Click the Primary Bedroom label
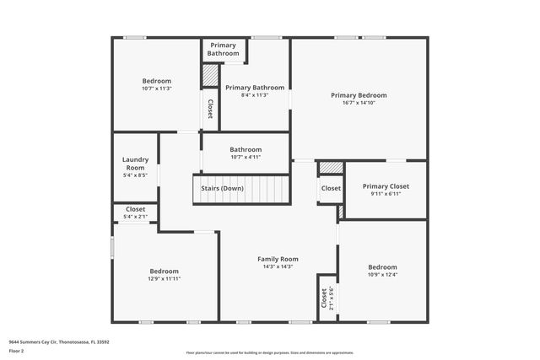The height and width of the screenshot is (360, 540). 359,95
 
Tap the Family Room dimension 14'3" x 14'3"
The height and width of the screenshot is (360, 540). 278,266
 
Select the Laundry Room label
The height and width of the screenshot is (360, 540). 135,164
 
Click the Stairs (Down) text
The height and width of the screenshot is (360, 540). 222,188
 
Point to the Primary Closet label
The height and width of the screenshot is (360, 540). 386,186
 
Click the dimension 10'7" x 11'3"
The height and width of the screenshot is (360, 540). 156,89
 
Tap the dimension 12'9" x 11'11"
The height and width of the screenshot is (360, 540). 165,279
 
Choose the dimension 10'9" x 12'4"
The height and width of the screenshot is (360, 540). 382,274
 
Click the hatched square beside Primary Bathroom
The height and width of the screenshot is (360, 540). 209,75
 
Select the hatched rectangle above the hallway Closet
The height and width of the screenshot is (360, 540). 331,168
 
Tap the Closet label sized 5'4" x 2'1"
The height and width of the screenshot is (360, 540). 135,209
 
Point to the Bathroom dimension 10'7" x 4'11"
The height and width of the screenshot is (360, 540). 246,157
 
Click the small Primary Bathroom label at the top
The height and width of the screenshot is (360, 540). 223,49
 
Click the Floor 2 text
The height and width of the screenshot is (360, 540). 16,350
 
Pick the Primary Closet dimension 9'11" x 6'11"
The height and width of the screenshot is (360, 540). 386,194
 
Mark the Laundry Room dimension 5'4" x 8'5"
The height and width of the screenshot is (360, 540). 135,175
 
